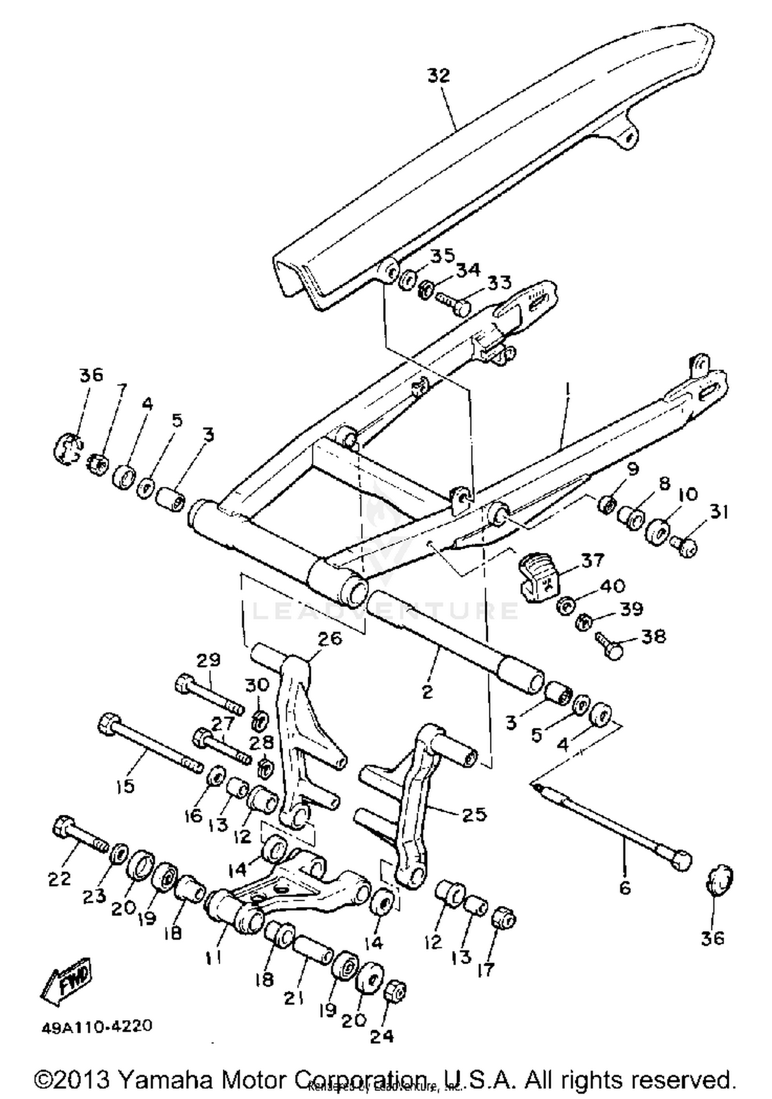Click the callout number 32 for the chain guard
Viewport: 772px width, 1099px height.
(x=438, y=75)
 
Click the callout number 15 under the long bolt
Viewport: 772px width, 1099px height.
(x=125, y=786)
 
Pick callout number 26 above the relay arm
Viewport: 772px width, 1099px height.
(x=330, y=639)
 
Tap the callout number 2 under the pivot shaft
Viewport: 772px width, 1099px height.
(x=427, y=692)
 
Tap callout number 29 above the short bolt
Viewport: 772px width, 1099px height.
(x=208, y=660)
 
